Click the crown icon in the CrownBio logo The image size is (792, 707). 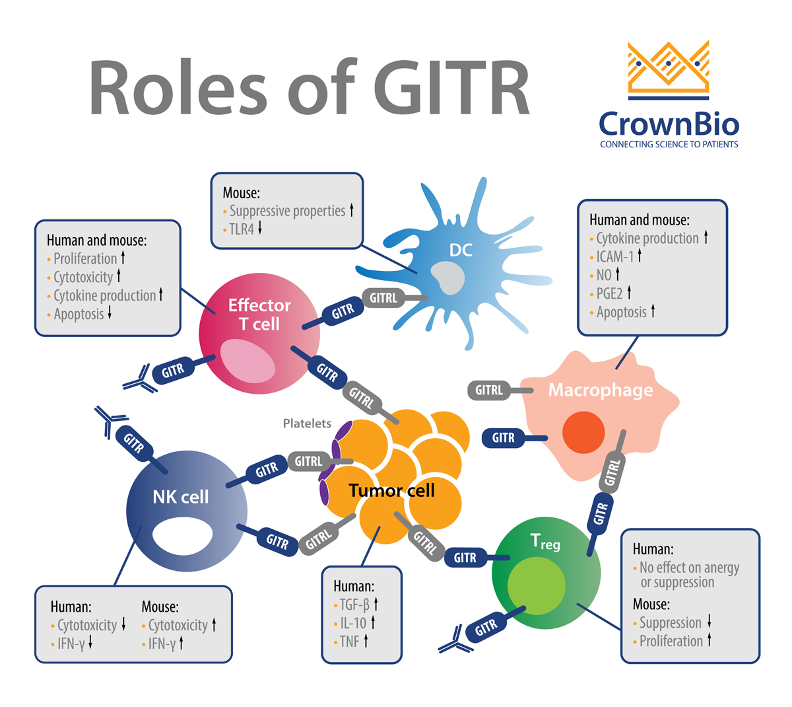(x=669, y=66)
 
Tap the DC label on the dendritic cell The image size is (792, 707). (x=461, y=250)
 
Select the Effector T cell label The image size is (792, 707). (x=259, y=315)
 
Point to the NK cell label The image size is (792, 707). (x=180, y=497)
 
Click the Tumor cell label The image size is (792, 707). (x=391, y=490)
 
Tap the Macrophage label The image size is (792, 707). (x=601, y=390)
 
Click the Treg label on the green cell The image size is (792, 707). (x=545, y=542)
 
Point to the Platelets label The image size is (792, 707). (x=307, y=424)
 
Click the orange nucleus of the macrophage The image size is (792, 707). (x=583, y=433)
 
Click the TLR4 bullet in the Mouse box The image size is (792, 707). (x=242, y=229)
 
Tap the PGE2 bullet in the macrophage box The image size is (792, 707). (x=610, y=293)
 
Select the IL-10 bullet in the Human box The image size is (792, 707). (x=353, y=622)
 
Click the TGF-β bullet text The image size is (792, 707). (x=354, y=604)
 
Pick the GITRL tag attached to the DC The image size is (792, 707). (x=383, y=298)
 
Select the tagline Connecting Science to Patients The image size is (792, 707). (x=669, y=144)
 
